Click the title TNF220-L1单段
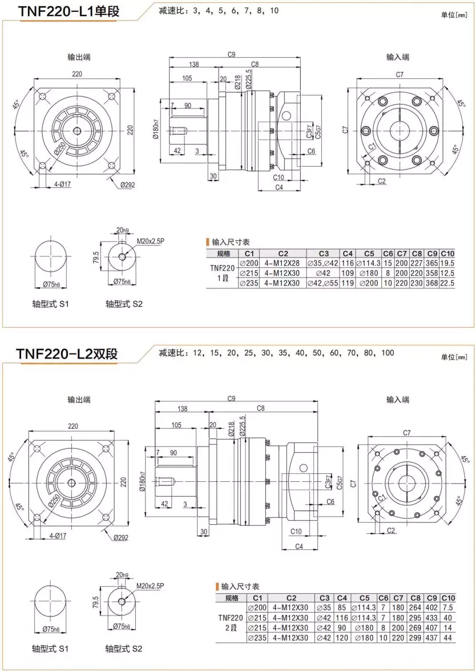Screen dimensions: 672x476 [x=68, y=11]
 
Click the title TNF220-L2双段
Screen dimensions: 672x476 [x=67, y=353]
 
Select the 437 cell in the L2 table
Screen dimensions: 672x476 [x=431, y=637]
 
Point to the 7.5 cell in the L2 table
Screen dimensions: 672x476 [x=448, y=607]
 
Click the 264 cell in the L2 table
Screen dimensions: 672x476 [x=416, y=607]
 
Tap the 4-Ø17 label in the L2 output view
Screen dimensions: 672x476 [x=59, y=536]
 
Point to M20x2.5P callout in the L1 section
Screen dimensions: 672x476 [x=150, y=241]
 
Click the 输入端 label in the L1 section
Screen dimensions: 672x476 [x=398, y=57]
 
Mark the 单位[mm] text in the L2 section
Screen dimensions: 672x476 [x=454, y=357]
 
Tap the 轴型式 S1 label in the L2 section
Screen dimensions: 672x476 [x=51, y=649]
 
